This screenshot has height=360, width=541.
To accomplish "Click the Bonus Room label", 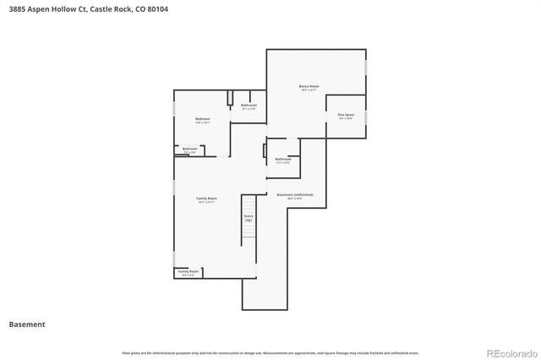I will (x=309, y=87).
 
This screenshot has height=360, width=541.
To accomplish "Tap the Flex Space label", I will (x=346, y=115).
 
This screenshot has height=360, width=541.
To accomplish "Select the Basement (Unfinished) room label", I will (x=295, y=195).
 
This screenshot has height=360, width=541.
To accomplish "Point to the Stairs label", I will (x=249, y=216).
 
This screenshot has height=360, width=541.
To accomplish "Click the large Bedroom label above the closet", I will (x=202, y=120).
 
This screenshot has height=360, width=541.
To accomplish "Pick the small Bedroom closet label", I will (x=189, y=150).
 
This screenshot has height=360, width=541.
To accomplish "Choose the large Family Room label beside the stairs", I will (x=207, y=199).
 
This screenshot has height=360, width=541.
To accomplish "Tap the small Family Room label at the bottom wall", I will (x=188, y=272).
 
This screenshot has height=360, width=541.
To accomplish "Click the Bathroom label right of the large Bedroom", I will (x=249, y=106).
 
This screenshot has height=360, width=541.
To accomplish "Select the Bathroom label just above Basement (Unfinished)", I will (x=283, y=160).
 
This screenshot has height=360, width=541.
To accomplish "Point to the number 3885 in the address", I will (x=19, y=9).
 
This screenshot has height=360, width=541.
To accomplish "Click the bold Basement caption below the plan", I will (x=27, y=325).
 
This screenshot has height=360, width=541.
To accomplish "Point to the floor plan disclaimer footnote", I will (x=270, y=352).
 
